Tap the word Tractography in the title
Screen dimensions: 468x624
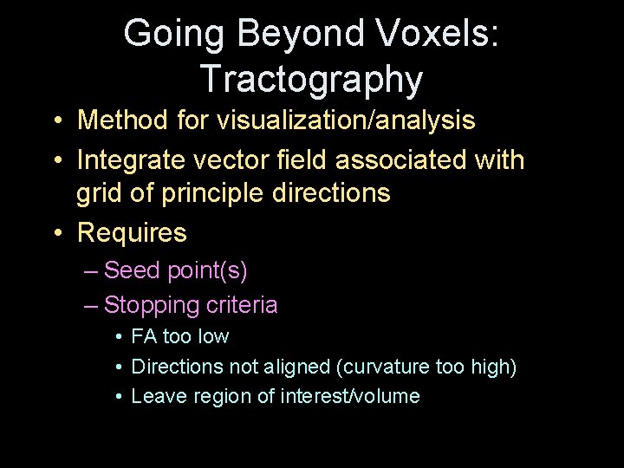[311, 79]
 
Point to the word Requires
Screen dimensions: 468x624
[132, 232]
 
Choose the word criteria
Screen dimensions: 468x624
[242, 305]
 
